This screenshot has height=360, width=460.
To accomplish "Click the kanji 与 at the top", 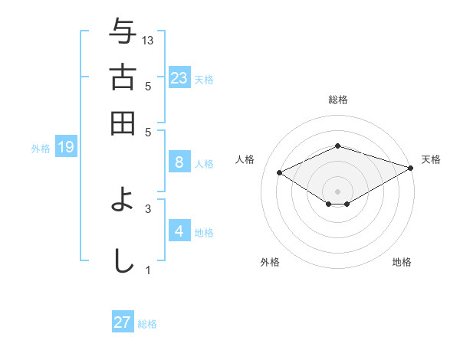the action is pyautogui.click(x=123, y=33).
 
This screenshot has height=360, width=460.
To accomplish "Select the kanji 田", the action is pyautogui.click(x=123, y=123).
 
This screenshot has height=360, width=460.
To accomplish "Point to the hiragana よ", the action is pyautogui.click(x=123, y=202).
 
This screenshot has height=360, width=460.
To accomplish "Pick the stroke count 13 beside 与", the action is pyautogui.click(x=148, y=40).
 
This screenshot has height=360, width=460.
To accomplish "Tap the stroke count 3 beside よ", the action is pyautogui.click(x=148, y=208).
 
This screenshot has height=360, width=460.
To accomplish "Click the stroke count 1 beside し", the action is pyautogui.click(x=148, y=270).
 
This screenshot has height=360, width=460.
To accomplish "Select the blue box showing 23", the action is pyautogui.click(x=179, y=77).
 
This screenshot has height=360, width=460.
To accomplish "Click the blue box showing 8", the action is pyautogui.click(x=179, y=162).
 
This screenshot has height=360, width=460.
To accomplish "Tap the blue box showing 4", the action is pyautogui.click(x=179, y=231).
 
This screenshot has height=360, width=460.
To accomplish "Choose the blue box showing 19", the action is pyautogui.click(x=66, y=147).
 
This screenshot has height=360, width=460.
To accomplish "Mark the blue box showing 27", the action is pyautogui.click(x=123, y=322).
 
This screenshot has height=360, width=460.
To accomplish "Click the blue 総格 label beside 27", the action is pyautogui.click(x=147, y=324).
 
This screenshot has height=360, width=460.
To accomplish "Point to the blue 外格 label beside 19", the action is pyautogui.click(x=41, y=149).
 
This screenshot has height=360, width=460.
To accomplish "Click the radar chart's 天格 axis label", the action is pyautogui.click(x=431, y=159).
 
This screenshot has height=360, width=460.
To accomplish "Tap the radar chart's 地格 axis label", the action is pyautogui.click(x=402, y=262).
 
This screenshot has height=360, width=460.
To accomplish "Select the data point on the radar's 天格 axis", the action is pyautogui.click(x=412, y=167).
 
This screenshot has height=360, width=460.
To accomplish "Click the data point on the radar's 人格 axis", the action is pyautogui.click(x=280, y=173).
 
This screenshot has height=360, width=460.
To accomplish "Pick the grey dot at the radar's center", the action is pyautogui.click(x=337, y=191).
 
